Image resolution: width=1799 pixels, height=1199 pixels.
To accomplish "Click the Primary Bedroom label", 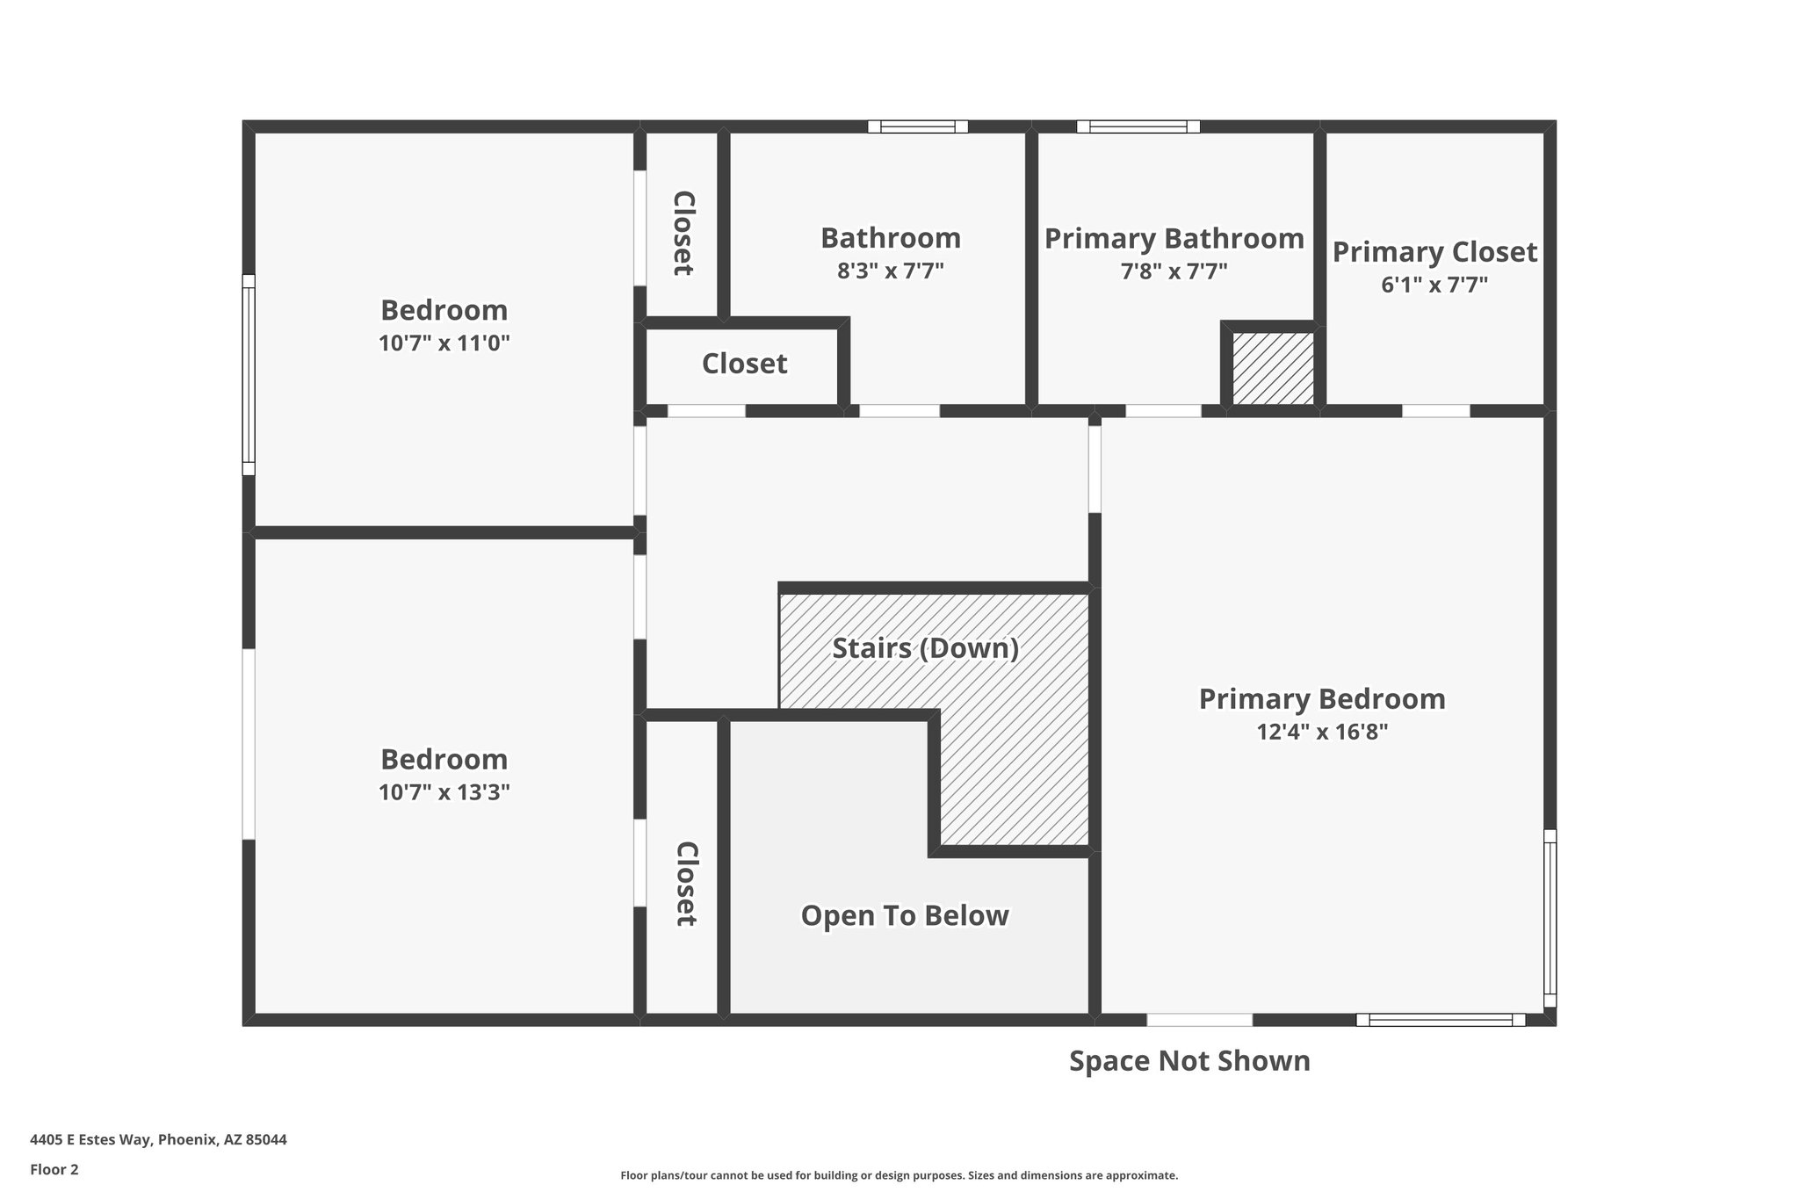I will tap(1321, 699).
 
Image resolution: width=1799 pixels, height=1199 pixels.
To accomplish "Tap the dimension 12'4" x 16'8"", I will tap(1321, 732).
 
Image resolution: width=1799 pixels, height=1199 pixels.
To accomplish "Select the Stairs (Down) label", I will tap(925, 648).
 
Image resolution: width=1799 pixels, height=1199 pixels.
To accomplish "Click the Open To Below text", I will tap(905, 915).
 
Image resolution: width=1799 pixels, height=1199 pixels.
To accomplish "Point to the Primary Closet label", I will tap(1434, 252).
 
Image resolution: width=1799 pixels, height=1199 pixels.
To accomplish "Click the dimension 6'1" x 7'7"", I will tap(1434, 285).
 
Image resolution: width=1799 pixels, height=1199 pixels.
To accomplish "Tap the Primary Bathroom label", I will tap(1174, 238).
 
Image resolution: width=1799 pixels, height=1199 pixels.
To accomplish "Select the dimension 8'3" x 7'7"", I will tap(890, 271).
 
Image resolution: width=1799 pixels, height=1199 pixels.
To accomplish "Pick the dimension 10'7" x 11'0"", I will tap(444, 343).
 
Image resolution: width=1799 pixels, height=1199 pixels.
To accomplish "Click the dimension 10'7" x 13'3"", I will tap(444, 792).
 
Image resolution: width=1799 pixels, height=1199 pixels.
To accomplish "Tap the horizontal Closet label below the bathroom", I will tap(744, 364).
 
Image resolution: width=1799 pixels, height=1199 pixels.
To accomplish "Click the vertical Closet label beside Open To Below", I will tap(686, 884).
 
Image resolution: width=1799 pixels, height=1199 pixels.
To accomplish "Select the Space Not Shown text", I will tap(1189, 1061).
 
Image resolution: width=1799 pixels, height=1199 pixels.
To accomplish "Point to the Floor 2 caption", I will tap(54, 1169).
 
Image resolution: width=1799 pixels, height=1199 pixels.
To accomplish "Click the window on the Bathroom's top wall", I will tap(918, 126).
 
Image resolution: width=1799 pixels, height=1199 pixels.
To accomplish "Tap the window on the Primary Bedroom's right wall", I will tap(1550, 918).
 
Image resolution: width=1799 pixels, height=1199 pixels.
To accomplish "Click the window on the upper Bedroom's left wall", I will tap(249, 375).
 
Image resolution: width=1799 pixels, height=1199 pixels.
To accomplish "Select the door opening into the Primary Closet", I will tap(1435, 411).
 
